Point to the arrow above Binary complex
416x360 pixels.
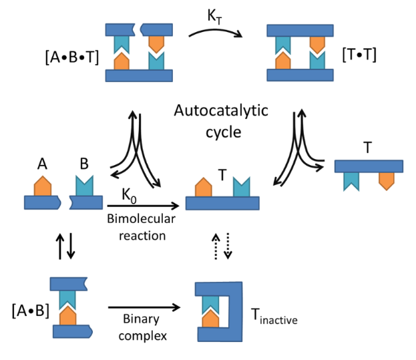pos(144,307)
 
